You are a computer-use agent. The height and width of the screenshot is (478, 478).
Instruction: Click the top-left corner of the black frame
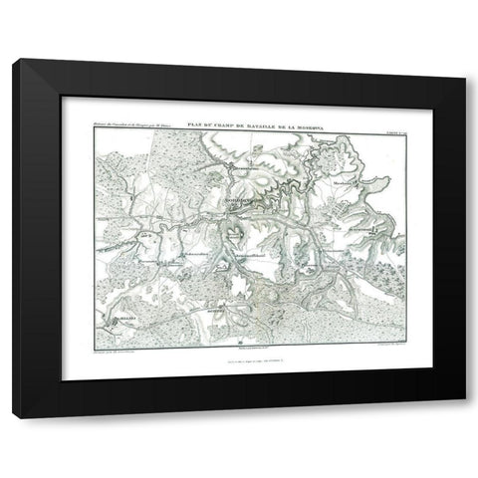pos(14,61)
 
